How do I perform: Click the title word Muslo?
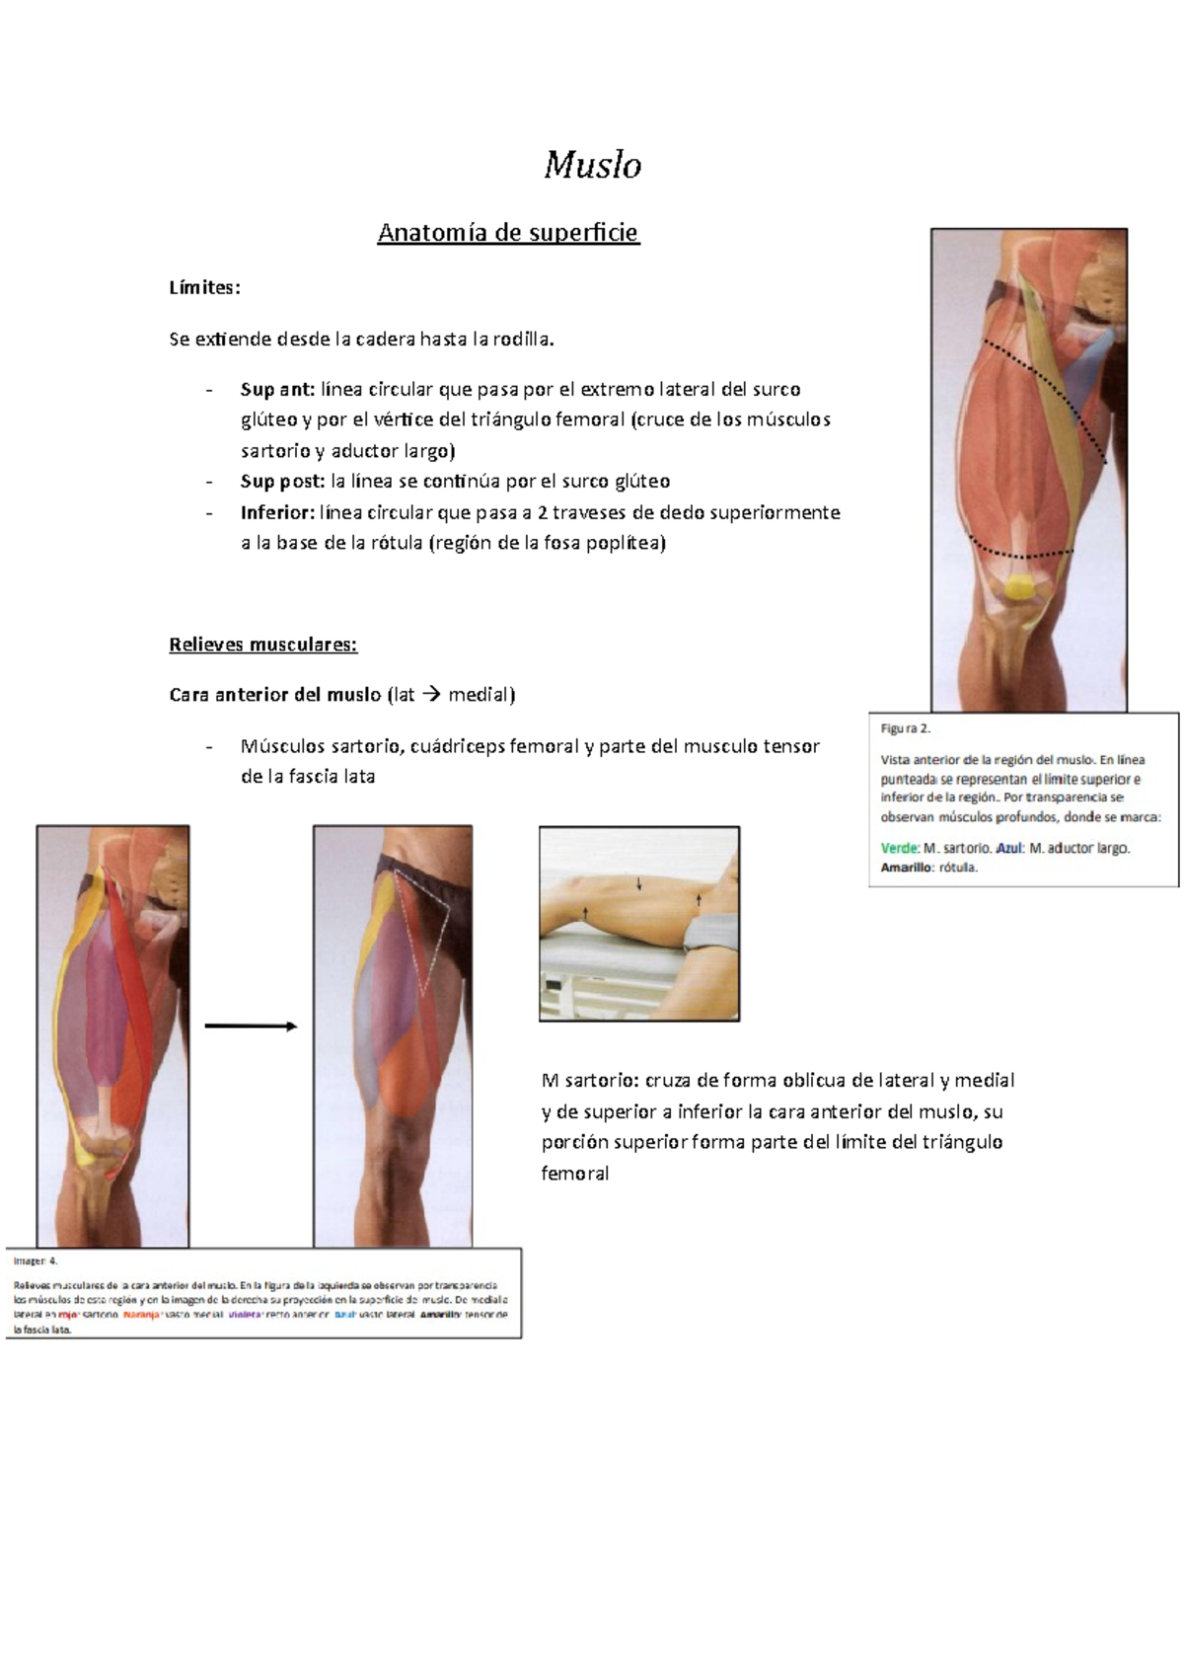tap(592, 165)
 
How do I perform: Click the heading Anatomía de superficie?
tap(508, 233)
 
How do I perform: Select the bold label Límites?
tap(204, 288)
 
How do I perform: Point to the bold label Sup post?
tap(282, 482)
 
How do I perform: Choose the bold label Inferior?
tap(277, 512)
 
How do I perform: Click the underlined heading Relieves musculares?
tap(262, 645)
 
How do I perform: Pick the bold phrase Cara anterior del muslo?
tap(274, 695)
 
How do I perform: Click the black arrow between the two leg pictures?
tap(251, 1027)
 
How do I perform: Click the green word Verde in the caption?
tap(899, 848)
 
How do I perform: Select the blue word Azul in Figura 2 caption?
tap(1008, 848)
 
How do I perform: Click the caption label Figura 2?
tap(905, 728)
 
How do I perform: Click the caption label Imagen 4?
tap(36, 1260)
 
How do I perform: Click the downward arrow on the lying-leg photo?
tap(639, 883)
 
